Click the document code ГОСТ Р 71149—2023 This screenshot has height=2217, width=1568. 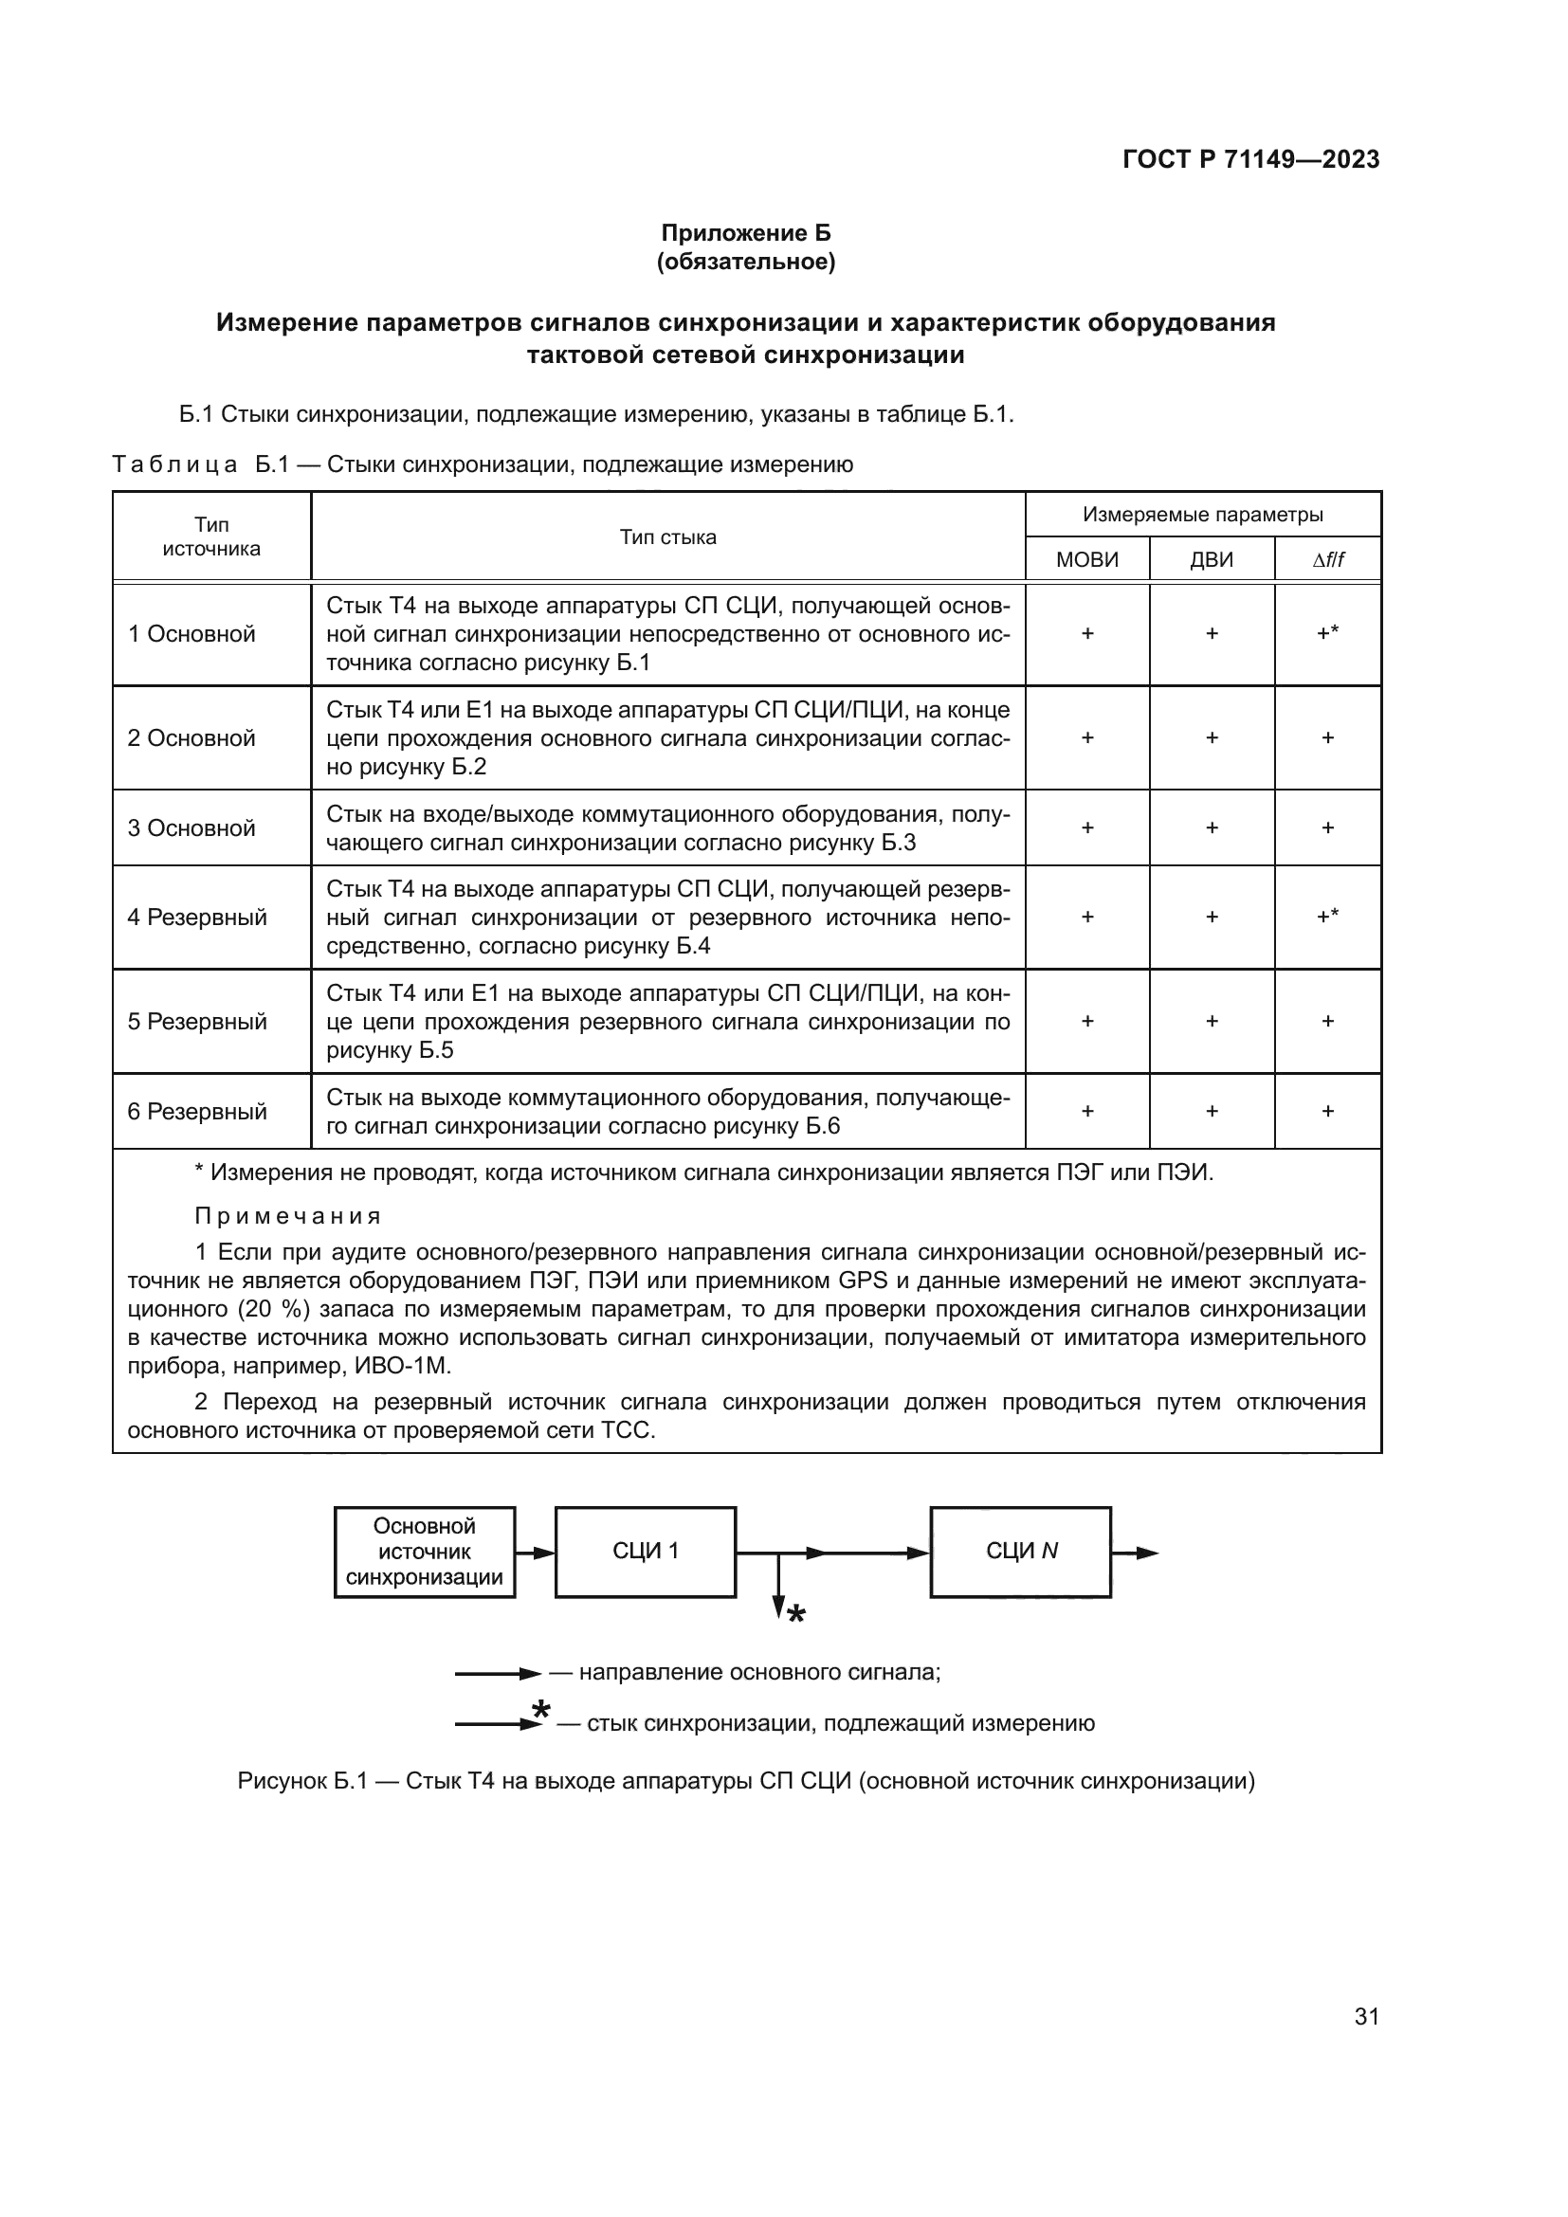pyautogui.click(x=1250, y=160)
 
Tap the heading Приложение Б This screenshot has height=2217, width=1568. pyautogui.click(x=745, y=233)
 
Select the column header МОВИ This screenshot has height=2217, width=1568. pyautogui.click(x=1086, y=560)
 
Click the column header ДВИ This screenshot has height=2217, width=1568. pyautogui.click(x=1211, y=560)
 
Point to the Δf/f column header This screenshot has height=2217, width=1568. pyautogui.click(x=1327, y=560)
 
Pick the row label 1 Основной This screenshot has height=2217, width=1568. pyautogui.click(x=191, y=634)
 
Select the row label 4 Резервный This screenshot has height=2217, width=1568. pyautogui.click(x=197, y=918)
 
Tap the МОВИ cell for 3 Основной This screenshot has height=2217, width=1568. pyautogui.click(x=1086, y=827)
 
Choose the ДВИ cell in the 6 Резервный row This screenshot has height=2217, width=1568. pyautogui.click(x=1211, y=1112)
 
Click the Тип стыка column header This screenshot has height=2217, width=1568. pyautogui.click(x=667, y=537)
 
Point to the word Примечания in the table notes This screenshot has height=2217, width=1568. pyautogui.click(x=288, y=1216)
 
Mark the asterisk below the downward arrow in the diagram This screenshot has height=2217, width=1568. pyautogui.click(x=795, y=1615)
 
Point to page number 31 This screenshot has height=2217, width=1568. pyautogui.click(x=1366, y=2017)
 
